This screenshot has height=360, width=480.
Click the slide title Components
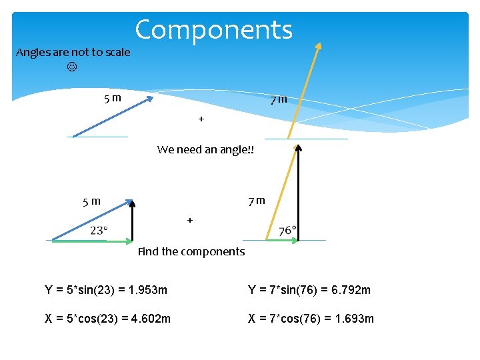(x=213, y=30)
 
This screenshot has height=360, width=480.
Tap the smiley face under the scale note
(x=72, y=67)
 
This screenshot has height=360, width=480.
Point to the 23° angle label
(x=99, y=230)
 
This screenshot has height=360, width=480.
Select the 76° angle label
(x=287, y=231)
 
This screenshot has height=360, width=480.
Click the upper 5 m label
(x=112, y=99)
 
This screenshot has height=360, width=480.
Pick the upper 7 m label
(x=279, y=99)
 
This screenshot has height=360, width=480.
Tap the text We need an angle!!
(x=205, y=149)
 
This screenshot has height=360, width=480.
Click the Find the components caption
(x=191, y=251)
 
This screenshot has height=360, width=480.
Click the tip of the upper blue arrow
(x=151, y=98)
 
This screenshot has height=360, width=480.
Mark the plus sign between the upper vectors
(x=201, y=119)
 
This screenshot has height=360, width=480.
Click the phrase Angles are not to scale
(x=73, y=52)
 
